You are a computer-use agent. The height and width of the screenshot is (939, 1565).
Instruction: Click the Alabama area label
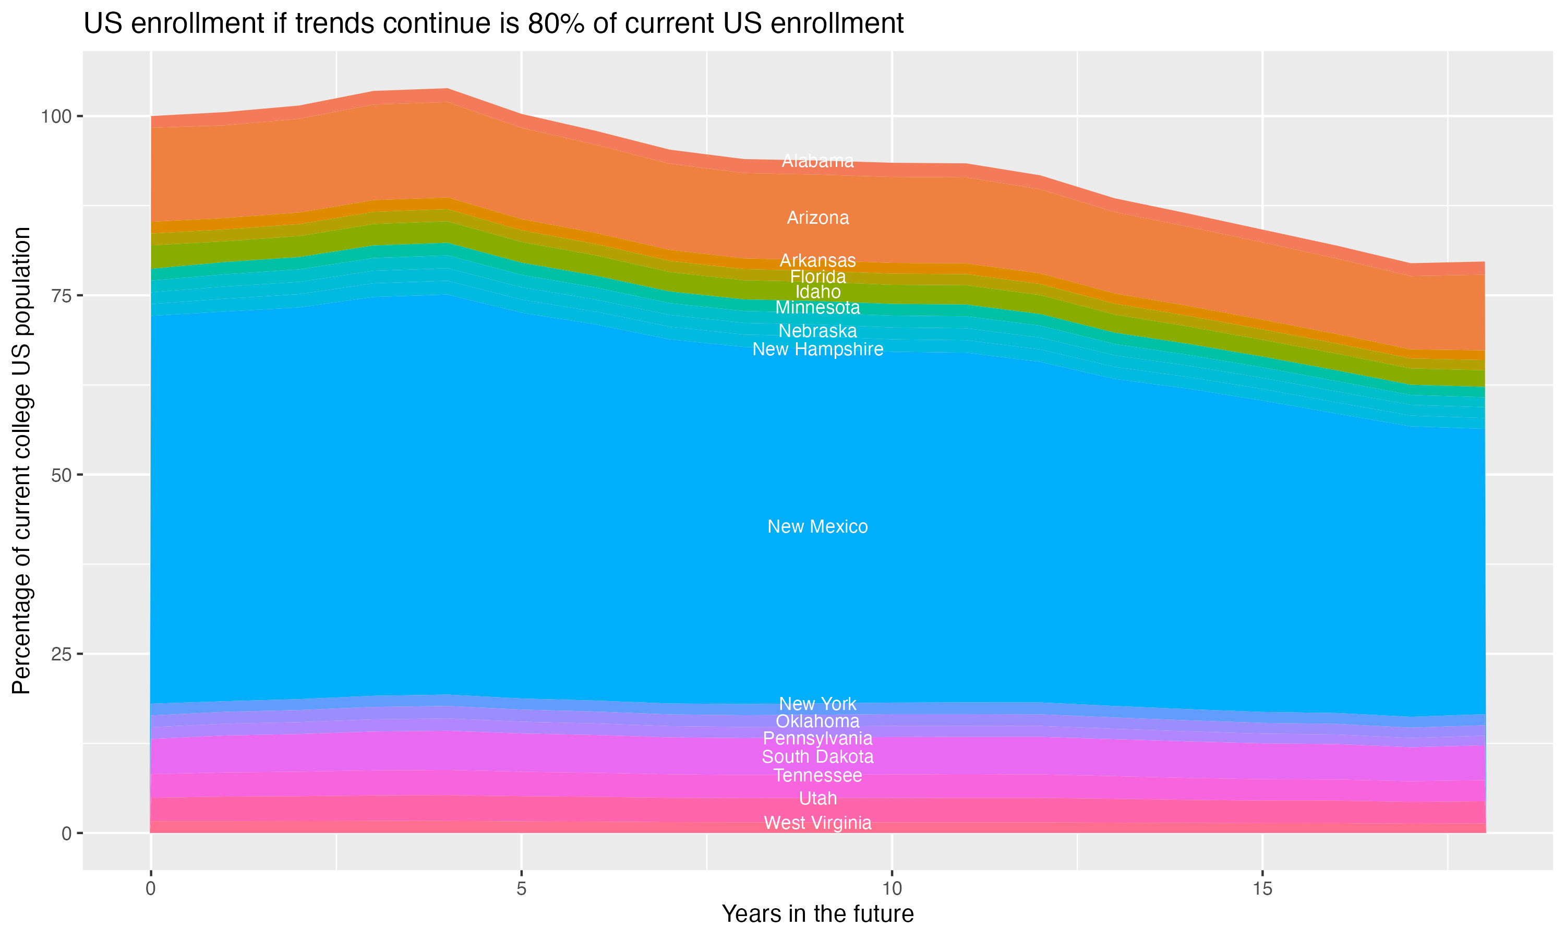[817, 161]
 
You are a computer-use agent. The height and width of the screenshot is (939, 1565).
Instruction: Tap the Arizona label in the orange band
[817, 218]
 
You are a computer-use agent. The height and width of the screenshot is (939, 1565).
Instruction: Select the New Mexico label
[817, 527]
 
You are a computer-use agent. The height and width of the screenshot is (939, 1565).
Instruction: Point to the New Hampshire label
[817, 350]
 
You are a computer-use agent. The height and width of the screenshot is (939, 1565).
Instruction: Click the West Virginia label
[817, 823]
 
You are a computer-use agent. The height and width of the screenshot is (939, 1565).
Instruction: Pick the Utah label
[817, 799]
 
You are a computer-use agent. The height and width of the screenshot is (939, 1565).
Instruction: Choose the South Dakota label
[817, 757]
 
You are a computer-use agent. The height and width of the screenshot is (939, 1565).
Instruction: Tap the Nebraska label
[817, 331]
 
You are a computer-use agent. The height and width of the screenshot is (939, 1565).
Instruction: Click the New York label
[817, 704]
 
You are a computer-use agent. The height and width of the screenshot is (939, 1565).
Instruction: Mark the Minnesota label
[817, 308]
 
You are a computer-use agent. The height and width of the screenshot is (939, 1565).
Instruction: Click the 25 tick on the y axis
[62, 654]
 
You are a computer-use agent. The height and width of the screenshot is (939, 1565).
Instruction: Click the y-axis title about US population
[21, 461]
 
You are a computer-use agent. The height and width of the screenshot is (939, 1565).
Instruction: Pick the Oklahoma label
[817, 722]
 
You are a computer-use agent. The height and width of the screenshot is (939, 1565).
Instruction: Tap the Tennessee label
[817, 776]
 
